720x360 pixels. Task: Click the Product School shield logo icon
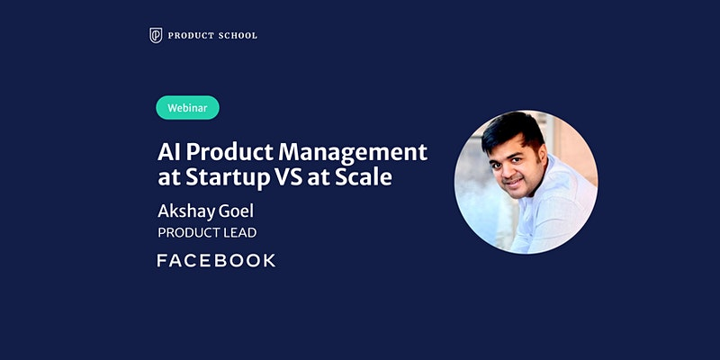(x=156, y=35)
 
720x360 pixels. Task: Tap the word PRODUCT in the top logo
(x=187, y=35)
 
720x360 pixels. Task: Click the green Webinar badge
(x=187, y=107)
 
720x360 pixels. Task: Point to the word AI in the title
(x=166, y=152)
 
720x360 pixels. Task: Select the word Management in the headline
(x=353, y=152)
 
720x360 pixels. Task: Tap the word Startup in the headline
(x=227, y=178)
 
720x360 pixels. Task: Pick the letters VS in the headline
(x=288, y=177)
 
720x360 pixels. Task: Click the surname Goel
(x=237, y=211)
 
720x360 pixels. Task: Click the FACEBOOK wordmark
(x=216, y=260)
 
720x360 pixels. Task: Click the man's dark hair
(x=512, y=130)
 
